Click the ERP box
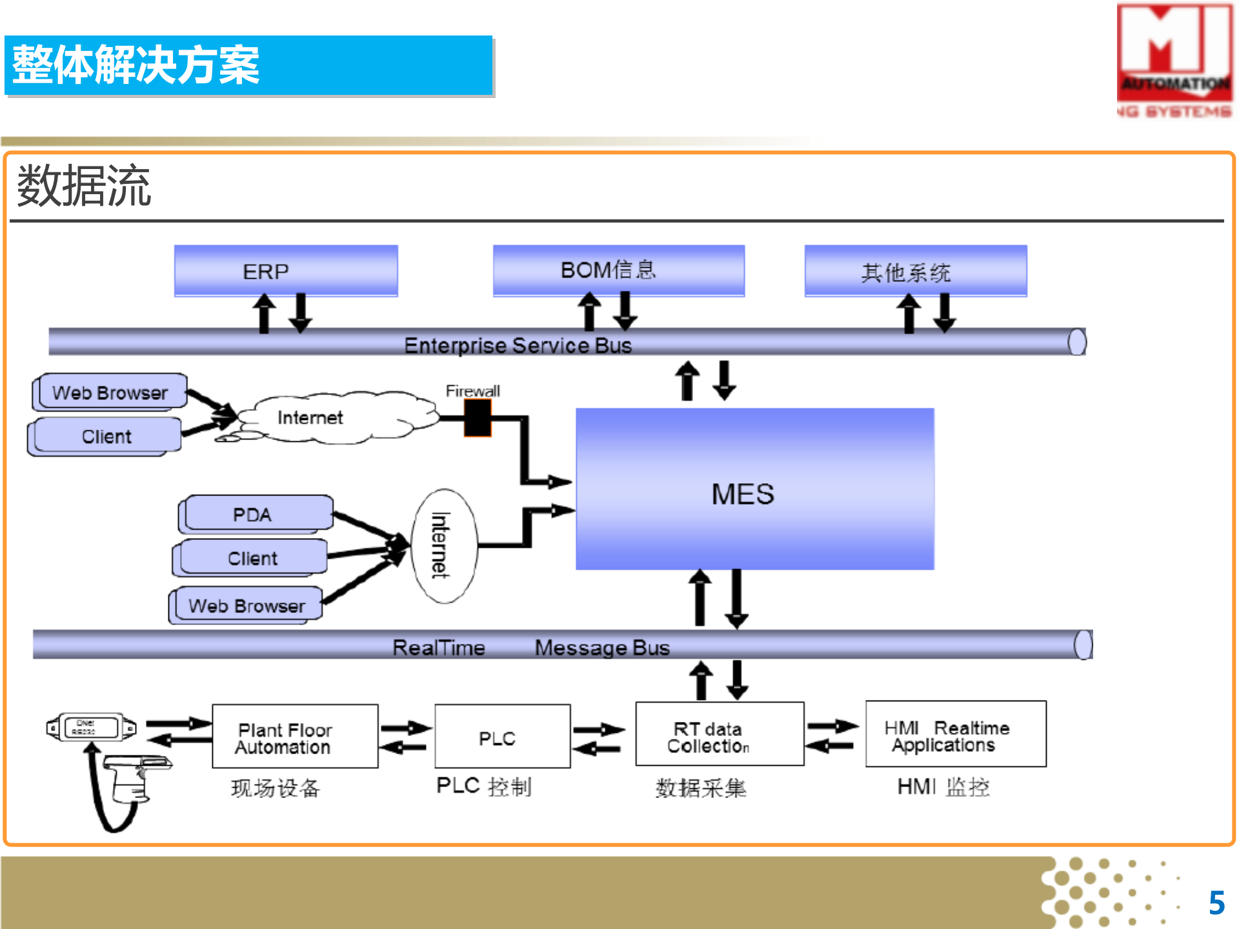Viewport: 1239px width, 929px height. (286, 271)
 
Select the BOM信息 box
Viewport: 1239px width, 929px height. (618, 270)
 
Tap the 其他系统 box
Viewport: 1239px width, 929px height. (915, 272)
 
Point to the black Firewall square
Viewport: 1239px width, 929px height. (478, 417)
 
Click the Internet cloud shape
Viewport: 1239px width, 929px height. (336, 418)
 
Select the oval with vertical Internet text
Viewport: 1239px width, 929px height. (444, 546)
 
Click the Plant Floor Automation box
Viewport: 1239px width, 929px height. (295, 737)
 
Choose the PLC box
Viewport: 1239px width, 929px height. (502, 737)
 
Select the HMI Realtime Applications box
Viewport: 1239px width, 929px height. (955, 735)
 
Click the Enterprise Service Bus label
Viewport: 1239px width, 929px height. (518, 346)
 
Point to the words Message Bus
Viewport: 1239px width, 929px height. (601, 647)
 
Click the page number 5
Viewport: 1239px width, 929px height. (1216, 903)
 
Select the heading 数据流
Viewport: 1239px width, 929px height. (84, 186)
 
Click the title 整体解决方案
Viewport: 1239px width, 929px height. (136, 65)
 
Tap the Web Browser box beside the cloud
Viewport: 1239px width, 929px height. (111, 392)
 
